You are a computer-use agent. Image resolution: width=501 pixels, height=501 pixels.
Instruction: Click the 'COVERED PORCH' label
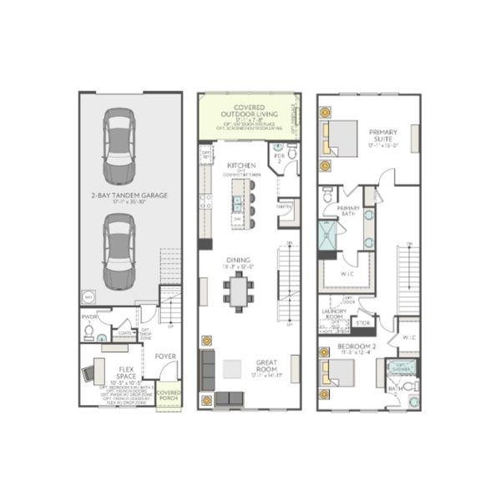tap(169, 396)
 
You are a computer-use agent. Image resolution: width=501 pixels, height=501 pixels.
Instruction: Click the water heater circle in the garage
tap(89, 296)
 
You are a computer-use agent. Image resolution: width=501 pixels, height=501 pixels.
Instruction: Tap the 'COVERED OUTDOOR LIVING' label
tap(249, 112)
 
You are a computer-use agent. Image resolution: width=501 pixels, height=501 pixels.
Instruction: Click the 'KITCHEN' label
tap(240, 165)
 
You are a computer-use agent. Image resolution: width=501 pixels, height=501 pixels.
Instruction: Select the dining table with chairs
tap(238, 293)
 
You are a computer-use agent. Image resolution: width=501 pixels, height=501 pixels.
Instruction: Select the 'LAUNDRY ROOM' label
tap(334, 314)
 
